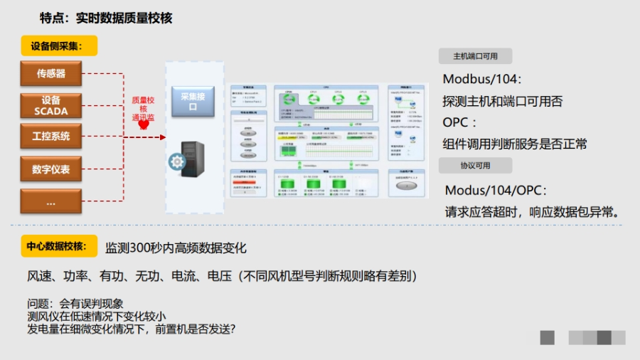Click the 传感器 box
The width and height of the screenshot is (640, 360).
tap(51, 73)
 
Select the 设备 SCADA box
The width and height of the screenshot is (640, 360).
tap(51, 105)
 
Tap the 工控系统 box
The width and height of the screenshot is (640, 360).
tap(51, 137)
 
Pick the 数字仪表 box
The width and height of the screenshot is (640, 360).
tap(51, 169)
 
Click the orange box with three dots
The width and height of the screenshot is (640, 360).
tap(51, 201)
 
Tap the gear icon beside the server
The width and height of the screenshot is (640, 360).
tap(176, 162)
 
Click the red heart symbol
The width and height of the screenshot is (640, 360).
tap(143, 125)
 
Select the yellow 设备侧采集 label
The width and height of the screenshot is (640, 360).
tap(58, 46)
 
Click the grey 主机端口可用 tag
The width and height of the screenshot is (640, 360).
tap(476, 57)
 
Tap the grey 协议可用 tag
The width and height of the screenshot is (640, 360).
tap(476, 165)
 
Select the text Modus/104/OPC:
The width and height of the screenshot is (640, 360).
tap(496, 190)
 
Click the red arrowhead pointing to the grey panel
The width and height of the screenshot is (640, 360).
tap(162, 137)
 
